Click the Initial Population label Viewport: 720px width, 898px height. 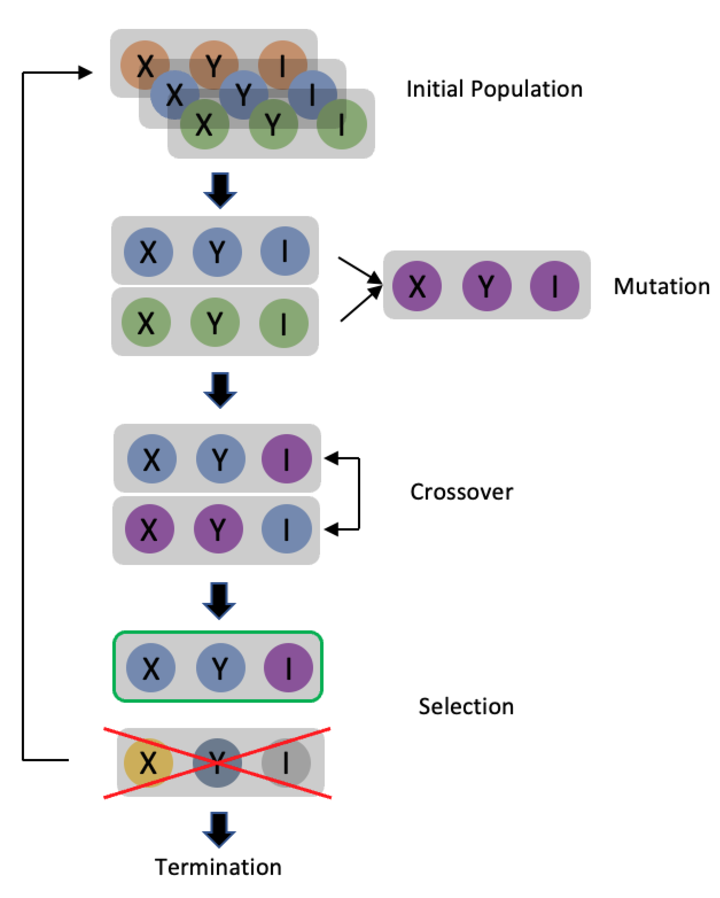coord(494,89)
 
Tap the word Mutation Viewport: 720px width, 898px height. coord(661,287)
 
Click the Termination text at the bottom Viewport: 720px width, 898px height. coord(218,867)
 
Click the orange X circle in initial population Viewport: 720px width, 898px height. coord(145,65)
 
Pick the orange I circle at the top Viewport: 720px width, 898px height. coord(283,65)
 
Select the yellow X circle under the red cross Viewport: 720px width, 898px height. coord(148,763)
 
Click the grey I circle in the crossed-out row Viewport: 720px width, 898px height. coord(286,763)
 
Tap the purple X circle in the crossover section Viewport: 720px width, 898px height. coord(150,529)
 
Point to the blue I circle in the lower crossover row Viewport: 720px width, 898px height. coord(286,529)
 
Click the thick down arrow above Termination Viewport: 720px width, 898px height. coord(219,829)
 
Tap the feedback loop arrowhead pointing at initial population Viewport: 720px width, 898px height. coord(85,72)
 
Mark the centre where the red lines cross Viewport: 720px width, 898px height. coord(217,763)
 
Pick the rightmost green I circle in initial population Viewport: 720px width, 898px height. coord(341,124)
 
